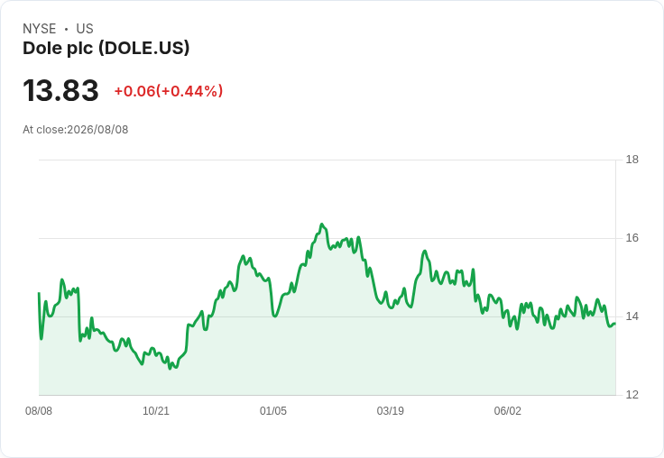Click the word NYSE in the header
[40, 29]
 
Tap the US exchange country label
[85, 29]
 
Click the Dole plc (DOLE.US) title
[106, 49]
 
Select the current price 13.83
[60, 90]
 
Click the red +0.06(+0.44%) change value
[169, 91]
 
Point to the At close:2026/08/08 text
[76, 130]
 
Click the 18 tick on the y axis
[632, 160]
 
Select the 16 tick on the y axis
[632, 238]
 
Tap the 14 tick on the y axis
[632, 316]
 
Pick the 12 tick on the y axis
[632, 395]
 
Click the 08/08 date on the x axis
[39, 410]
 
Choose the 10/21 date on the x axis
[156, 410]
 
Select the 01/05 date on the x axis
[273, 410]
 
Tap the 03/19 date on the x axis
[391, 410]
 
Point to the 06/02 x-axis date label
[508, 410]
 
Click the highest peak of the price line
[322, 224]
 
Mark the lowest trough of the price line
[171, 369]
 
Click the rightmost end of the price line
[615, 324]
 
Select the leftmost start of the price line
[39, 293]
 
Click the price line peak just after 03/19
[425, 251]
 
